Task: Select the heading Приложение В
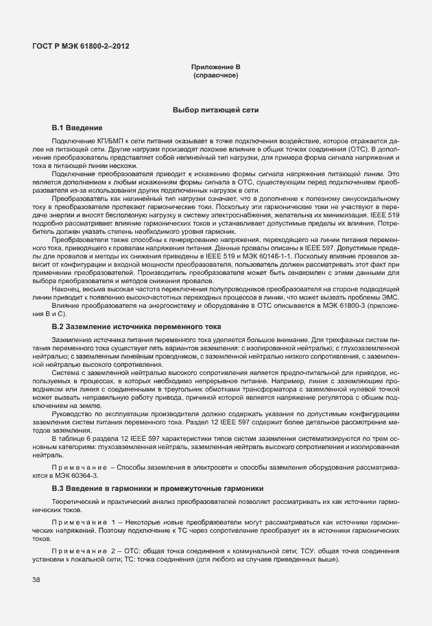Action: [x=215, y=67]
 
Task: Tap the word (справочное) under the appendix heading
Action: [x=215, y=75]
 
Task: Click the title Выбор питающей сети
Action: [x=215, y=110]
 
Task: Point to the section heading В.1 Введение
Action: [x=77, y=128]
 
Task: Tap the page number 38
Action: [x=36, y=580]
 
